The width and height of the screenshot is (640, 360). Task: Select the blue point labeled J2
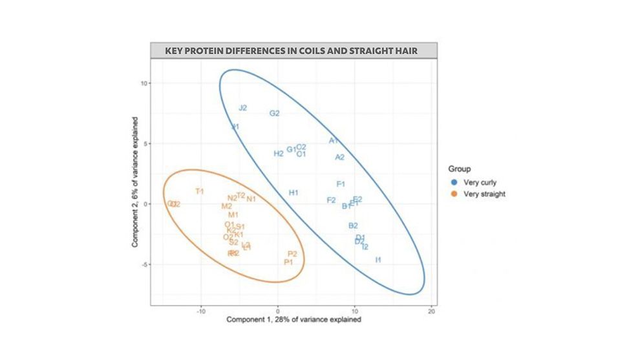(242, 108)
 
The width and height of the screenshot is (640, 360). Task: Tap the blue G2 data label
(274, 114)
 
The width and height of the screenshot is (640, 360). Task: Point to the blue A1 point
(334, 141)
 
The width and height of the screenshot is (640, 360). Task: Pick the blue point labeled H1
(293, 193)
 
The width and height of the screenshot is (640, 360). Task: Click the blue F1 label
(341, 184)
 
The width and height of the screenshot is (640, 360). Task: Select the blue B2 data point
(353, 226)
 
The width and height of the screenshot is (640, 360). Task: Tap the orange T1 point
(200, 191)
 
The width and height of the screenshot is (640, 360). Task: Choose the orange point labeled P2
(292, 254)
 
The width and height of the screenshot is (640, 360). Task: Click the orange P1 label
(289, 262)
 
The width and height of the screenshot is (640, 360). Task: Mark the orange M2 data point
(226, 206)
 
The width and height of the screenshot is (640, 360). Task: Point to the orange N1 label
(251, 199)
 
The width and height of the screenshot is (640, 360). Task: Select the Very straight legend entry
(479, 194)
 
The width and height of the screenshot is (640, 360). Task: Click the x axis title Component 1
(293, 320)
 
